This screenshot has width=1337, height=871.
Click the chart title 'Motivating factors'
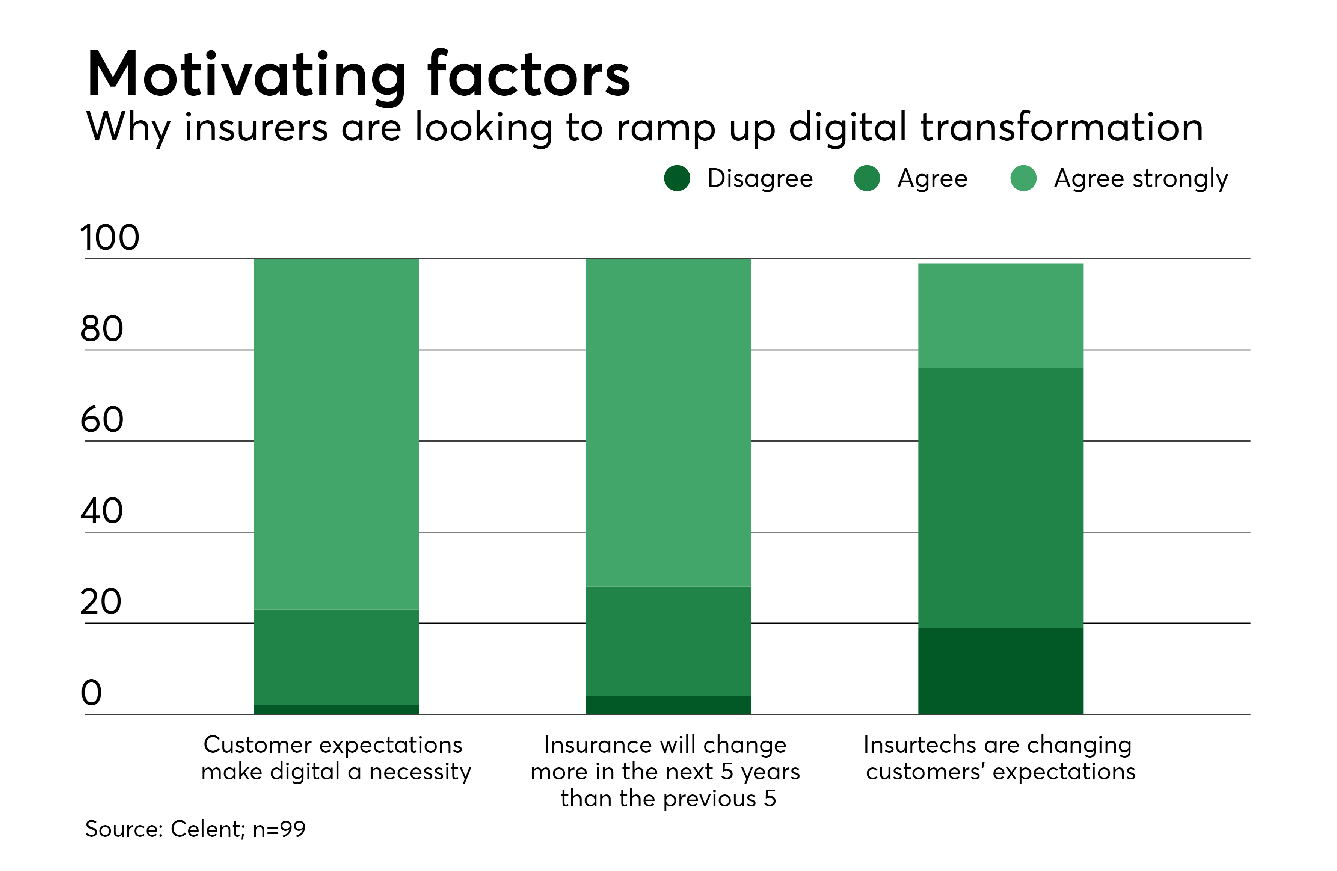(x=358, y=75)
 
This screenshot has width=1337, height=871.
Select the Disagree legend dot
(x=677, y=179)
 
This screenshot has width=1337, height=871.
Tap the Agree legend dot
(x=867, y=179)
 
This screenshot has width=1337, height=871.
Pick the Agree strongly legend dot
(x=1023, y=179)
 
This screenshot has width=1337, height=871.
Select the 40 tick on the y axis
(x=102, y=511)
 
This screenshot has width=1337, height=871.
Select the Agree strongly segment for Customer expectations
(x=336, y=434)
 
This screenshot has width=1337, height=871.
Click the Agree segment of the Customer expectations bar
(x=336, y=657)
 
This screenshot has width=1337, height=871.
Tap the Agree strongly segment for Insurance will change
(x=668, y=422)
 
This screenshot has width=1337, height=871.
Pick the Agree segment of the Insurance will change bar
(x=668, y=641)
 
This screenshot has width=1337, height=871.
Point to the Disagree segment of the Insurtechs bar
(x=1000, y=671)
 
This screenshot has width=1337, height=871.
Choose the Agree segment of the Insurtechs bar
(x=1000, y=497)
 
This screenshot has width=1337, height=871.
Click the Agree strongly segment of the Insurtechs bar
(x=1000, y=316)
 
